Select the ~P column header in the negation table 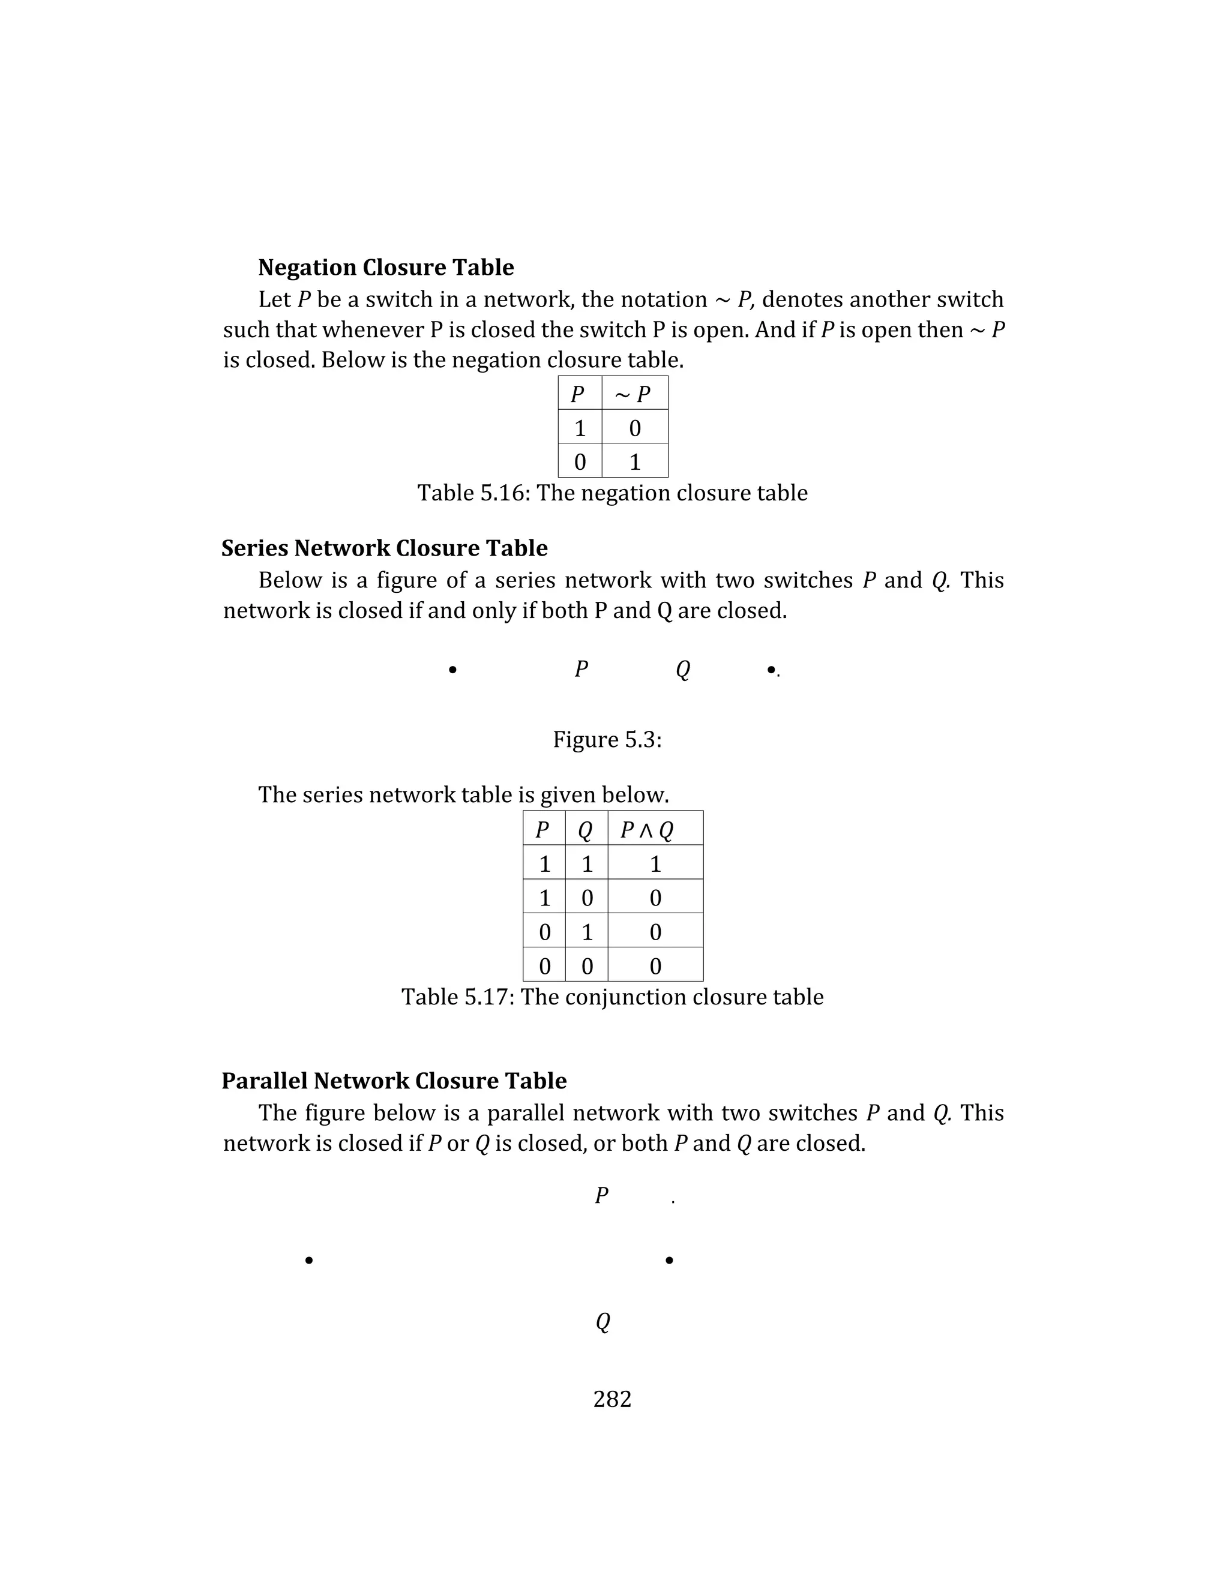634,394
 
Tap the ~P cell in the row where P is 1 634,428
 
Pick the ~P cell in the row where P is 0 634,461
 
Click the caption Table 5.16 611,493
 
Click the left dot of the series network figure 452,670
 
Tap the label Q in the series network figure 682,668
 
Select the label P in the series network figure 580,668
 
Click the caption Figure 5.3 607,739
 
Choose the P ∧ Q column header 646,829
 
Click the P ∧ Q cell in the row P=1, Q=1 655,863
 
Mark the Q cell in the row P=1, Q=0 587,898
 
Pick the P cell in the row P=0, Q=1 544,932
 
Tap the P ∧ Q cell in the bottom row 655,966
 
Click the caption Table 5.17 611,997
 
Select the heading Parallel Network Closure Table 394,1081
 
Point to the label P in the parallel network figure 601,1195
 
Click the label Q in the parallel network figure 602,1321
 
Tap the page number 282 611,1399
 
